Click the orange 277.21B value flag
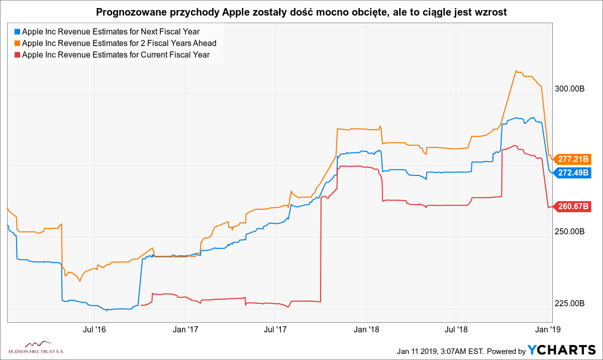click(x=573, y=159)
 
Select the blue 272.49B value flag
click(x=573, y=172)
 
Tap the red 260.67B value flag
click(x=573, y=206)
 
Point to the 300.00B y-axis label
click(x=568, y=89)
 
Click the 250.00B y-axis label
click(x=568, y=232)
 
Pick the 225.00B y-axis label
click(x=568, y=304)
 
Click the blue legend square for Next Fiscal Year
click(x=18, y=32)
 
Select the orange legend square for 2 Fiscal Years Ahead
click(x=18, y=43)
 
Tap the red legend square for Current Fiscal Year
click(x=18, y=55)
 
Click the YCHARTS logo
click(x=562, y=350)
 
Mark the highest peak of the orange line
click(x=516, y=71)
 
